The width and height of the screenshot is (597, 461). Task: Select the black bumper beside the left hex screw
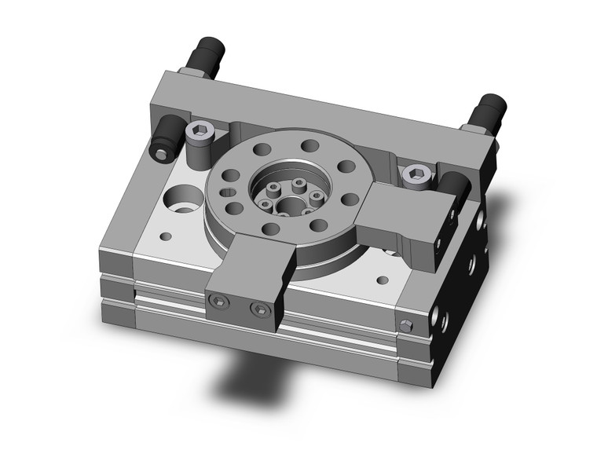click(167, 134)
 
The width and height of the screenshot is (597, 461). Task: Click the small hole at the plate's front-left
click(165, 235)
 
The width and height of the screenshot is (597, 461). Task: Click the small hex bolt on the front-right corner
click(405, 325)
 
